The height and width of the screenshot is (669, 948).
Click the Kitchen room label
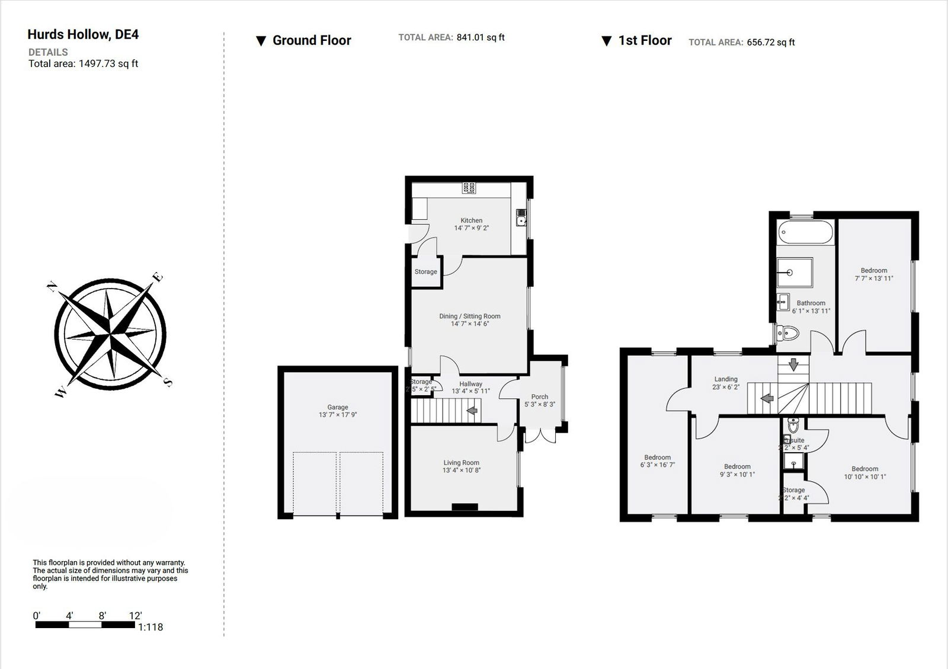coord(472,220)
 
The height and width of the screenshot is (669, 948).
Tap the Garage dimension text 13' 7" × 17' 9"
coord(338,415)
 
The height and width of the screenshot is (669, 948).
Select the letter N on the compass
coord(52,287)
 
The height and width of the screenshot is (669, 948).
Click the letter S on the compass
coord(168,382)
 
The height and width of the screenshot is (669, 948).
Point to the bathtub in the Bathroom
coord(805,232)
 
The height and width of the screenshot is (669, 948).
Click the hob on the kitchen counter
coord(469,188)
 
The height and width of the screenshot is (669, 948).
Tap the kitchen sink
coord(521,221)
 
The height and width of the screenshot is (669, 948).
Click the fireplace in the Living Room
coord(465,507)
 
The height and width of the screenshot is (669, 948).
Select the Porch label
coord(540,397)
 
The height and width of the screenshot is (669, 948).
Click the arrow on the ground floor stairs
coord(473,410)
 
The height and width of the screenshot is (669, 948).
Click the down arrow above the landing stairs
coord(793,365)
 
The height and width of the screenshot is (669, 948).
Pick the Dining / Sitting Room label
coord(470,316)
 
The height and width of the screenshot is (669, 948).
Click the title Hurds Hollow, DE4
coord(83,34)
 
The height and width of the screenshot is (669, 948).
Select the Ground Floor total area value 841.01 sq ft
coord(481,37)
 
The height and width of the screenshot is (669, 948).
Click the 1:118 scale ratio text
coord(150,627)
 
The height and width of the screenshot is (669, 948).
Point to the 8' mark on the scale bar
coord(102,616)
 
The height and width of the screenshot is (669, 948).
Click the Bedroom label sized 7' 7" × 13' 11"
coord(874,270)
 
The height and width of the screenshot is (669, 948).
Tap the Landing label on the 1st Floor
coord(726,379)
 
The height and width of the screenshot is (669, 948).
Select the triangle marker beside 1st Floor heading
coord(606,41)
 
